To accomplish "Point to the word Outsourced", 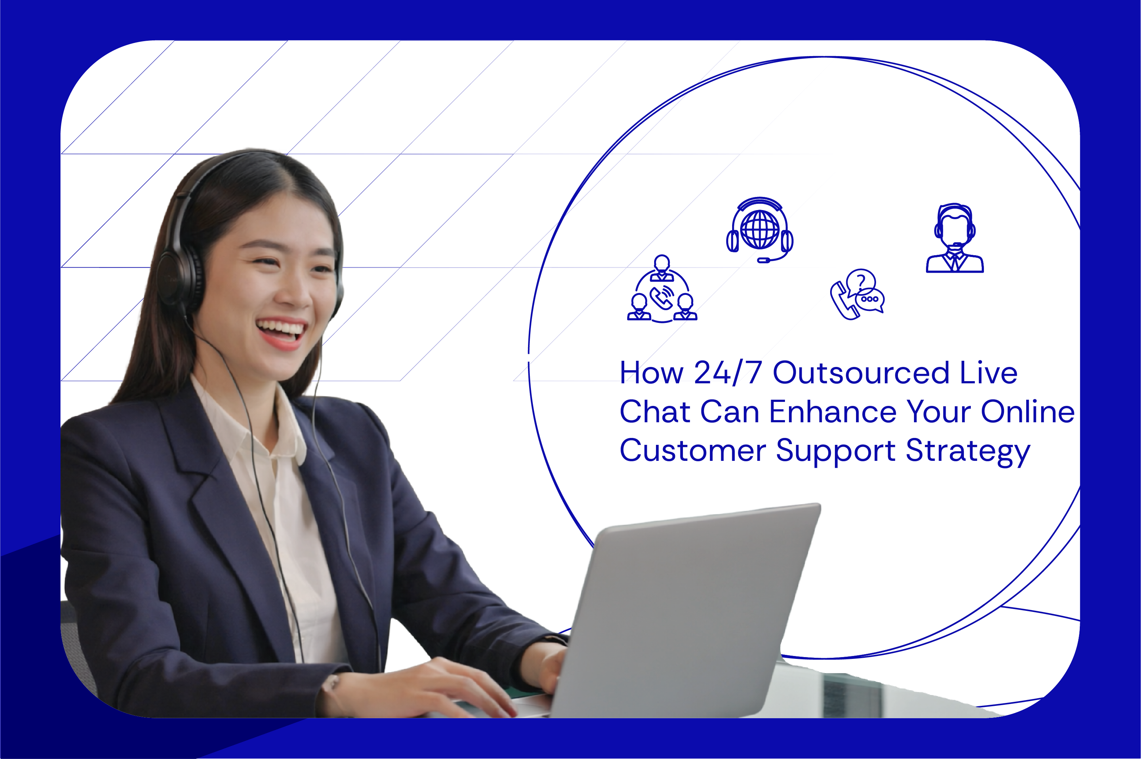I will [860, 373].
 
